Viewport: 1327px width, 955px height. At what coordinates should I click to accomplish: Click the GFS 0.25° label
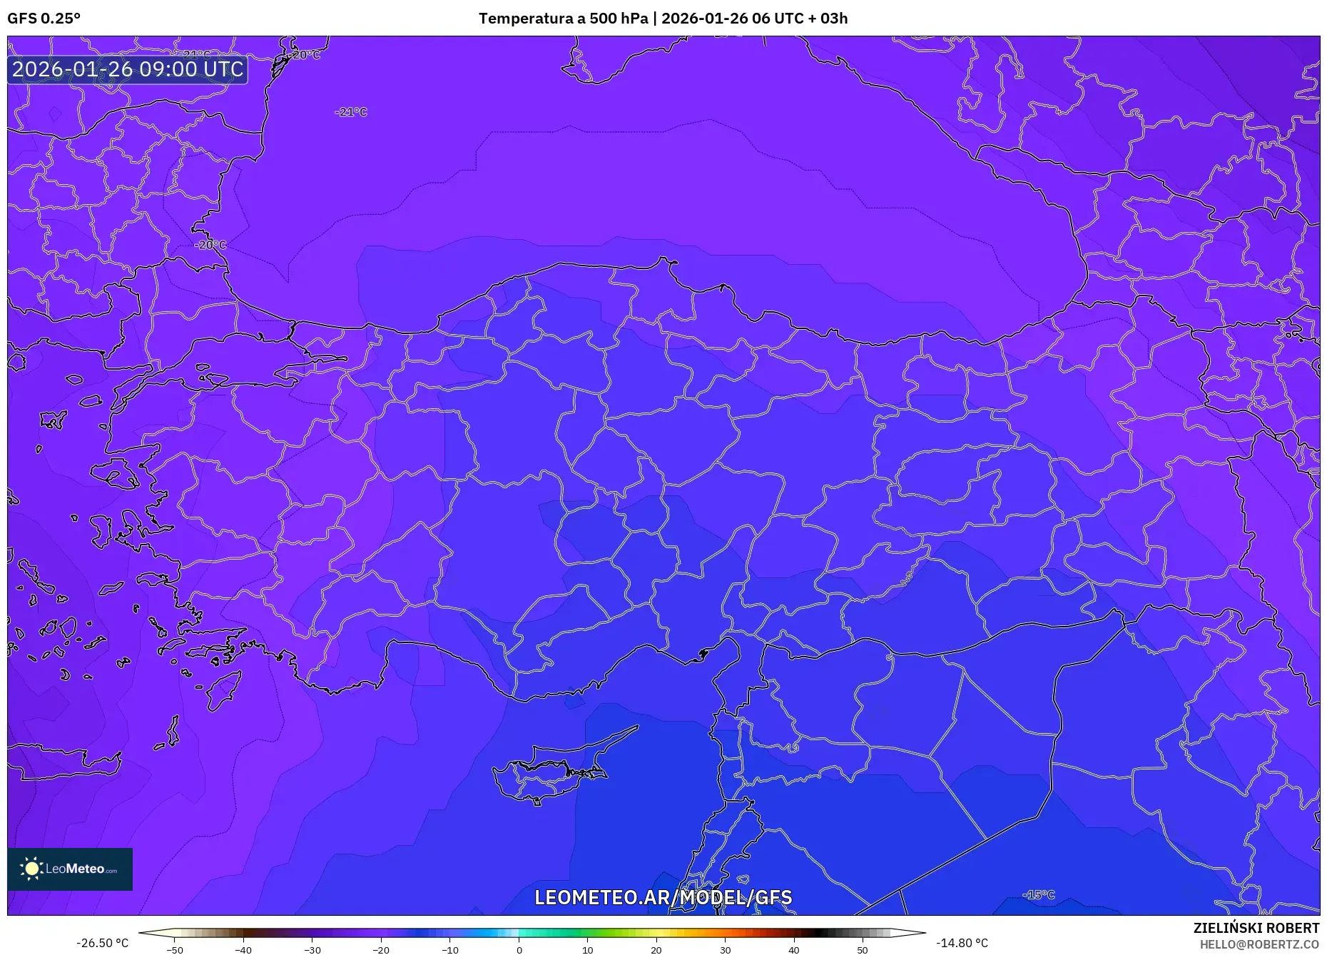pyautogui.click(x=44, y=18)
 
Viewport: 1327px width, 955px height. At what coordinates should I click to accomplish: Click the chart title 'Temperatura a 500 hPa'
pyautogui.click(x=563, y=18)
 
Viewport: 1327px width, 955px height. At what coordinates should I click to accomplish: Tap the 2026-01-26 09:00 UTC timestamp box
pyautogui.click(x=128, y=69)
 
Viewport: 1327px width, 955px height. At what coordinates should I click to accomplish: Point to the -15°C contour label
pyautogui.click(x=1038, y=894)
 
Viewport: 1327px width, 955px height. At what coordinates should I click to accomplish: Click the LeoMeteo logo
pyautogui.click(x=70, y=869)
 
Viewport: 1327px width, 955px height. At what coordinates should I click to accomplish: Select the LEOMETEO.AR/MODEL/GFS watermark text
pyautogui.click(x=663, y=897)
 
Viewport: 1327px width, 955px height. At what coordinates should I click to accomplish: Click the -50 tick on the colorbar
pyautogui.click(x=175, y=949)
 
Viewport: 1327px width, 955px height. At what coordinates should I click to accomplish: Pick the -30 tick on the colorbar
pyautogui.click(x=312, y=949)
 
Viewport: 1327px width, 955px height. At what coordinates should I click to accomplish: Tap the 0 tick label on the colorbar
pyautogui.click(x=519, y=949)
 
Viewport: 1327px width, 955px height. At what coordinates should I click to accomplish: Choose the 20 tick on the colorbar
pyautogui.click(x=656, y=949)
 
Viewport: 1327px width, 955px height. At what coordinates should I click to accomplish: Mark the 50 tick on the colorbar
pyautogui.click(x=863, y=949)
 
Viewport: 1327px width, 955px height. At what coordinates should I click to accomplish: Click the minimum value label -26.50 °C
pyautogui.click(x=103, y=943)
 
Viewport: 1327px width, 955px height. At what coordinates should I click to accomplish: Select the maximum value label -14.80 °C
pyautogui.click(x=962, y=943)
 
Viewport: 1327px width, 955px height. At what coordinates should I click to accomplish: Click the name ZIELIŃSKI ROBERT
pyautogui.click(x=1256, y=928)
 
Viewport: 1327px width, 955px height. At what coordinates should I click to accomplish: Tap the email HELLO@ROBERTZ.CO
pyautogui.click(x=1259, y=944)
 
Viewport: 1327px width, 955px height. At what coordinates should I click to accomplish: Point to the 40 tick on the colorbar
pyautogui.click(x=794, y=949)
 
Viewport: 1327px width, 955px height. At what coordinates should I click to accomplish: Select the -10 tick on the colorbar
pyautogui.click(x=450, y=949)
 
